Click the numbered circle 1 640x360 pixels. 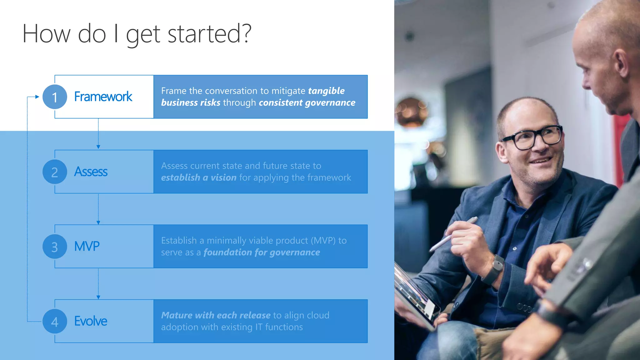pos(55,97)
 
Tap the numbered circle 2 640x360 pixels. pos(55,172)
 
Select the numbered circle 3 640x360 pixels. pos(55,247)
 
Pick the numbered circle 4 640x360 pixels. pos(55,321)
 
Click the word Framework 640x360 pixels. pos(103,97)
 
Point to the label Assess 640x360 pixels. pos(91,172)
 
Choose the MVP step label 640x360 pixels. pos(87,246)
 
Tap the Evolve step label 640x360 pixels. pos(91,321)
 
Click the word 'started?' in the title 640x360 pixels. pos(209,34)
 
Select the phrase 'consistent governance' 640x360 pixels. pos(307,102)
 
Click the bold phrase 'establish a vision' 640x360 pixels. pos(199,177)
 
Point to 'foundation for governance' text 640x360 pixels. pos(262,252)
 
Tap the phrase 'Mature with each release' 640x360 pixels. pos(216,315)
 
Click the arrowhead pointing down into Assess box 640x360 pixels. pos(98,147)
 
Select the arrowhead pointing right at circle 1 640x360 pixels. pos(37,97)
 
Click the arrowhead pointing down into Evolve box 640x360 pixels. pos(98,297)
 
